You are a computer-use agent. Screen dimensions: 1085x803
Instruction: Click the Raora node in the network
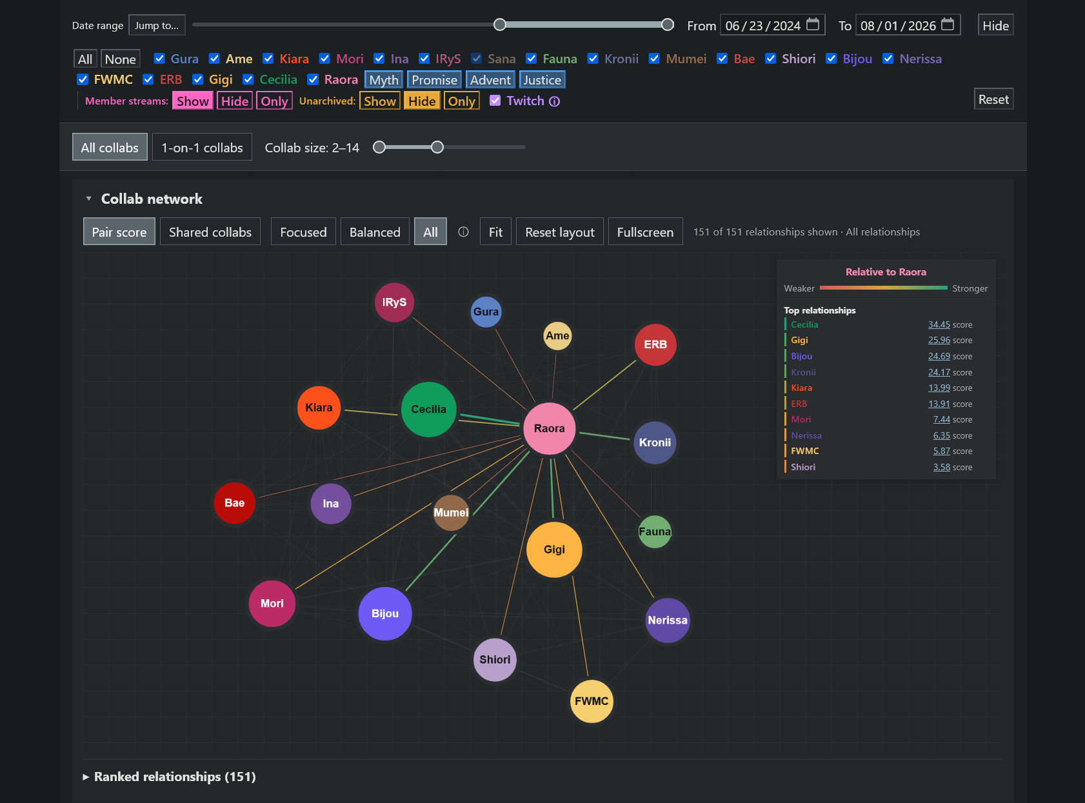549,428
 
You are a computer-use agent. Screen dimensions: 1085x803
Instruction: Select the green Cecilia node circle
428,409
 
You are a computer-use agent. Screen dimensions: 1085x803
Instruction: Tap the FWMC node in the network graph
592,700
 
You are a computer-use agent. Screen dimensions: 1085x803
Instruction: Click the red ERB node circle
655,344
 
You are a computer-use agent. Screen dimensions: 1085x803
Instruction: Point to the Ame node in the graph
557,335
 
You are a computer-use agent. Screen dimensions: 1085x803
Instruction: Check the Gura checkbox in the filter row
159,59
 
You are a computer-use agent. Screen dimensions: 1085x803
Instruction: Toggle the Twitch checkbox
495,101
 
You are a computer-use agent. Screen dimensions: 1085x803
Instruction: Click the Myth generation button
384,80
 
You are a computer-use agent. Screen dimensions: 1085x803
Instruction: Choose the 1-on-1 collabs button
202,147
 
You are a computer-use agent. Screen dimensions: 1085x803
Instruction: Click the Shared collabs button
210,232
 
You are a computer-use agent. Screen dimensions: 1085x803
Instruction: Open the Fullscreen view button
645,232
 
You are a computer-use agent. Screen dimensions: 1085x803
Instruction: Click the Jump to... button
157,25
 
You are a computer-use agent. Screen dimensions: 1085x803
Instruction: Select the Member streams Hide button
235,101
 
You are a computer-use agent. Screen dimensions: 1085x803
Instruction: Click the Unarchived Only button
461,101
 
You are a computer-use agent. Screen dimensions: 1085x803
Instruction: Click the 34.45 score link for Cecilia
939,324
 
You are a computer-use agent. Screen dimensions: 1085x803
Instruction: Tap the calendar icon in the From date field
813,25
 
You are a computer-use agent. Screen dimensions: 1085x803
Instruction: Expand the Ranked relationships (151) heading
175,777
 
